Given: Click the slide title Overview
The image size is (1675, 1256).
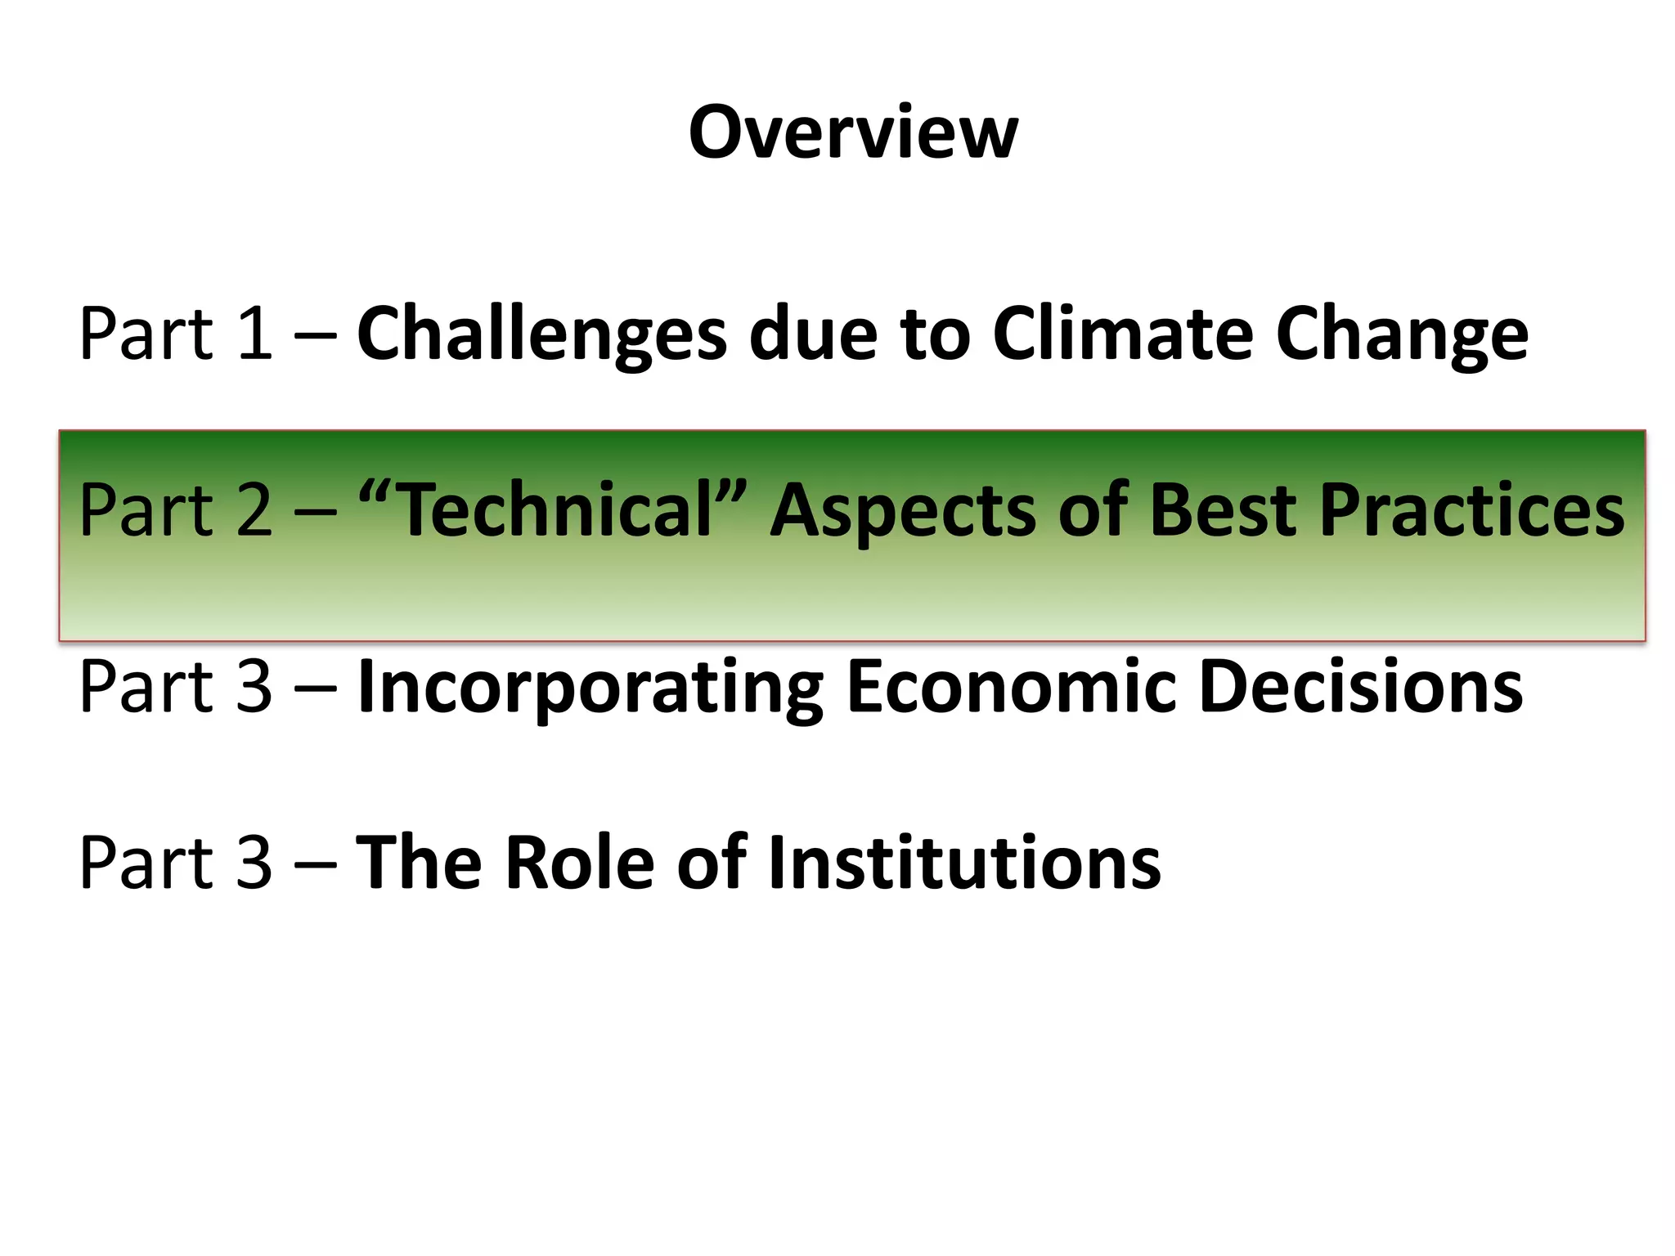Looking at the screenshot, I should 853,132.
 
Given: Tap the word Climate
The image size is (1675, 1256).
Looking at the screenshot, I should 1123,334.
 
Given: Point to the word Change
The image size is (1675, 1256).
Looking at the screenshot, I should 1401,334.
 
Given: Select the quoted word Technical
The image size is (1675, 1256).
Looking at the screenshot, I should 555,510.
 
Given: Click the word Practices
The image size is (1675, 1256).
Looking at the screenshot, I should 1471,510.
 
